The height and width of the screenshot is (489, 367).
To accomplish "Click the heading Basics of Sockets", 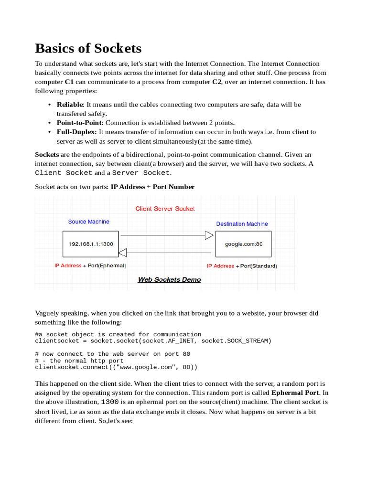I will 88,48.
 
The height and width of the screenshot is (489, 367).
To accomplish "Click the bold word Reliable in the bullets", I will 70,105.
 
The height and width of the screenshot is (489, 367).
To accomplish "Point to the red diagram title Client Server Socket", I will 165,209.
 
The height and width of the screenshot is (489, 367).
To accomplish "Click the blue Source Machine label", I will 88,222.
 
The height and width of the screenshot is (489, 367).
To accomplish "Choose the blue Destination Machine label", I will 242,224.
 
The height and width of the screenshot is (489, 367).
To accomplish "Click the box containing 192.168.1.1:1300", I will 91,244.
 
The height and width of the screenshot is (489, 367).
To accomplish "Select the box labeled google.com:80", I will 243,244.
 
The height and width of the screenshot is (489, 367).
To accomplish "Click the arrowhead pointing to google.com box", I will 209,235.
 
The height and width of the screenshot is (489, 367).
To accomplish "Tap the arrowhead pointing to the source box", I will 123,252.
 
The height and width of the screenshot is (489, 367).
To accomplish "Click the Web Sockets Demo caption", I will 169,279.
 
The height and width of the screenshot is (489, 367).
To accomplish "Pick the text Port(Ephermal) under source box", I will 107,266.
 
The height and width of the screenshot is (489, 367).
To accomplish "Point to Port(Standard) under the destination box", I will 259,266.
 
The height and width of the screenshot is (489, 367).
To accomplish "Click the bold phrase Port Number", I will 173,187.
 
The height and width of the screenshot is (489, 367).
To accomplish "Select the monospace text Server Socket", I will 140,173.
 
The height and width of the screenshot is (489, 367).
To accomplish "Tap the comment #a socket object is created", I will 118,334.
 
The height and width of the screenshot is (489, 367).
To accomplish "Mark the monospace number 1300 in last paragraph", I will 110,402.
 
